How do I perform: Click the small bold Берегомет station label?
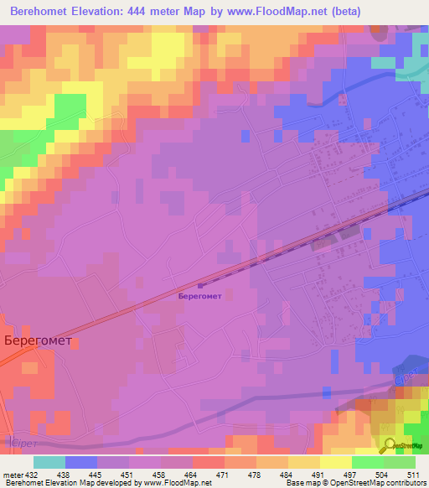tap(200, 295)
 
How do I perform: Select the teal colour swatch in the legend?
tap(49, 462)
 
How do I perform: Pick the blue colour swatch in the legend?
tap(81, 462)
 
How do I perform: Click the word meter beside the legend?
tap(12, 475)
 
